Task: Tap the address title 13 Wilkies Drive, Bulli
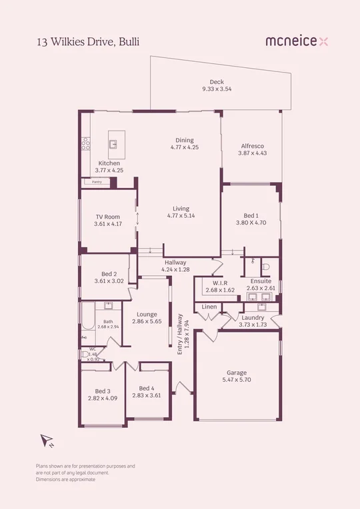click(x=88, y=41)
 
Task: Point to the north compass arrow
click(x=47, y=440)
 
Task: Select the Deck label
click(x=217, y=82)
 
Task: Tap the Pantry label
click(x=97, y=181)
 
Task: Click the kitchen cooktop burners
click(x=86, y=143)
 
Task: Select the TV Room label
click(x=107, y=217)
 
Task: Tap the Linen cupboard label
click(x=208, y=306)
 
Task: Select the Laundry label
click(x=252, y=317)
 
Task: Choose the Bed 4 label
click(x=146, y=388)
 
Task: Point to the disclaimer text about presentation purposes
click(x=85, y=472)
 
